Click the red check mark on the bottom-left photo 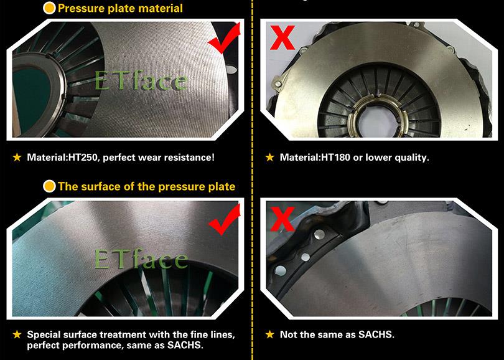(x=225, y=220)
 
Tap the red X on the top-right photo (x=282, y=37)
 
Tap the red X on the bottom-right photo (x=282, y=219)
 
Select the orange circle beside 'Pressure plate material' (x=49, y=8)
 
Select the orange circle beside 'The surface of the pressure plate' (x=49, y=186)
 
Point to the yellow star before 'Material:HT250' (x=17, y=158)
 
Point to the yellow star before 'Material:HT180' (x=269, y=158)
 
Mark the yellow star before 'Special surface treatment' (x=17, y=334)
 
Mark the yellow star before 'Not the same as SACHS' (x=269, y=334)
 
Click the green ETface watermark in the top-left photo (x=141, y=80)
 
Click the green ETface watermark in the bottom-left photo (x=141, y=258)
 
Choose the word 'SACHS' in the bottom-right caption (x=376, y=334)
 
